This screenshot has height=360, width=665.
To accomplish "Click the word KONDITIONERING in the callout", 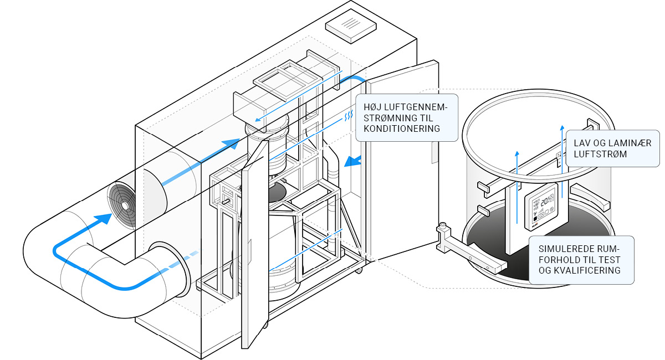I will point(402,128).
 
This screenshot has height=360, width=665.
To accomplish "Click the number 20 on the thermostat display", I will point(546,203).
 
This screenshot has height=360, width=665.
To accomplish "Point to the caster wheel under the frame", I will point(359,270).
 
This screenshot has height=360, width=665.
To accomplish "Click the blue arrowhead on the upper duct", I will point(231,143).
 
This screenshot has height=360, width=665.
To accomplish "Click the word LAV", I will point(582,142).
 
